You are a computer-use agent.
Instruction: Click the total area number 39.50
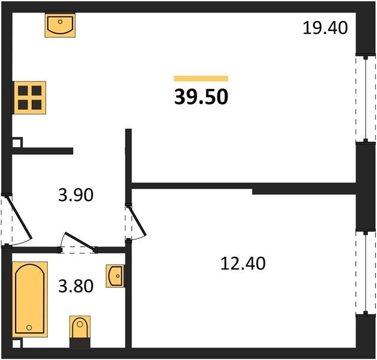coord(201,97)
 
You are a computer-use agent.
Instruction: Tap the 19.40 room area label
coord(325,28)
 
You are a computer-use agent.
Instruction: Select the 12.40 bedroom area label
coord(243,263)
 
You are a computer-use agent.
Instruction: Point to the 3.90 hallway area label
coord(76,195)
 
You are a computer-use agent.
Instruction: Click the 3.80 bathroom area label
coord(76,286)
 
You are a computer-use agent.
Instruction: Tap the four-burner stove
coord(29,98)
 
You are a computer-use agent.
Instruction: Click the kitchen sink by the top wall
coord(60,25)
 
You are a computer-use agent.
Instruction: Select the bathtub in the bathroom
coord(29,299)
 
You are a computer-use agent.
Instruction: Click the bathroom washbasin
coord(115,276)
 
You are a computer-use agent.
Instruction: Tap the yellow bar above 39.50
coord(201,79)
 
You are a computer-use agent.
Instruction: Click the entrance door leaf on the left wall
coord(19,217)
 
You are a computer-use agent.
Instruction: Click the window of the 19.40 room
coord(366,99)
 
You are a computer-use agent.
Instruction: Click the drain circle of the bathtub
coord(29,328)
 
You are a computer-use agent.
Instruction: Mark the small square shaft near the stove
coord(17,143)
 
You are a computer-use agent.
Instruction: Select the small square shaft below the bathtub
coord(17,343)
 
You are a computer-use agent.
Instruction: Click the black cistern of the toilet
coord(80,343)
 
